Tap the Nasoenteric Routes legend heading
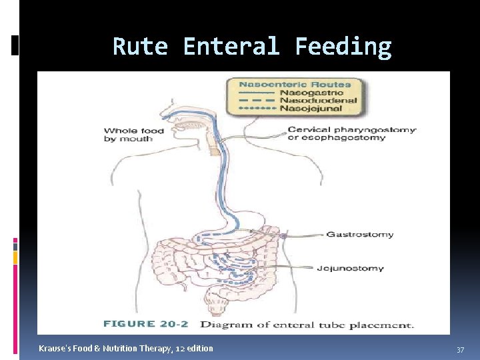(294, 85)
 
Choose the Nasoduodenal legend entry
(317, 100)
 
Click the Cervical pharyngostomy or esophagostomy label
(351, 133)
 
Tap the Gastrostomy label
(359, 235)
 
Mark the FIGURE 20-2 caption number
(145, 325)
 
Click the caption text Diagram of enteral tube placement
(307, 325)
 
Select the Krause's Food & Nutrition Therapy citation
(126, 348)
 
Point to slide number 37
(460, 350)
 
